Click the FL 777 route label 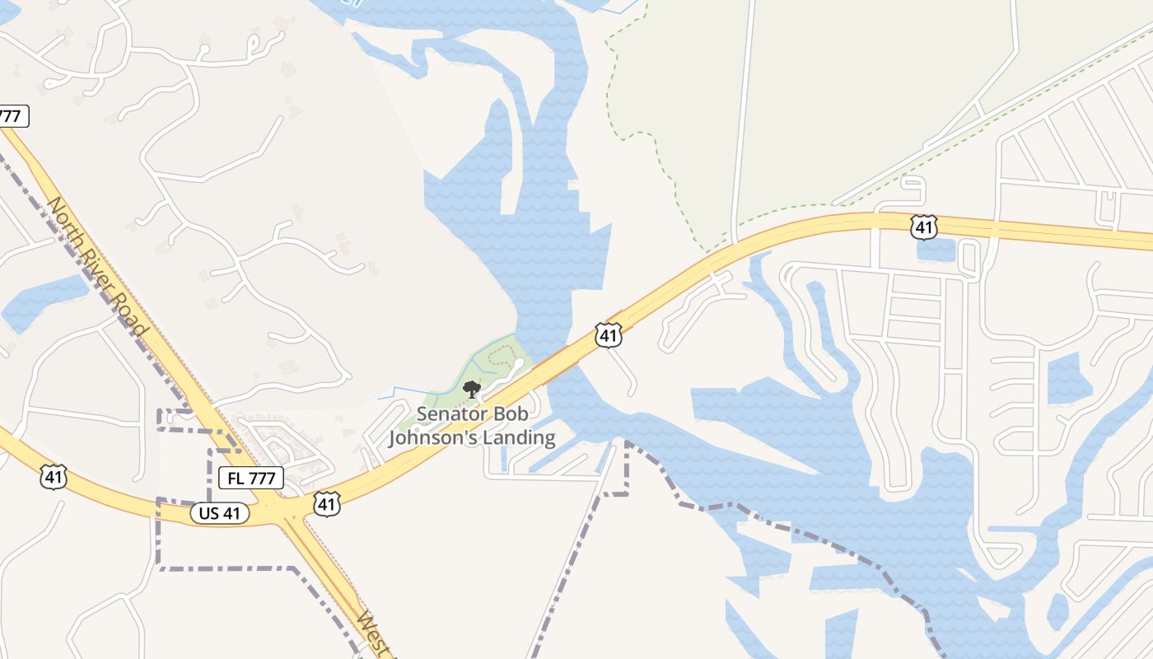pos(251,477)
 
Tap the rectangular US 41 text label pos(220,513)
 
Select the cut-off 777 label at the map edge pos(11,116)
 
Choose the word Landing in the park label pos(519,437)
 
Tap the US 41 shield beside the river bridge pos(608,334)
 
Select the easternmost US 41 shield pos(924,227)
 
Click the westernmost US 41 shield pos(54,476)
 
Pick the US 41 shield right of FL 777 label pos(327,504)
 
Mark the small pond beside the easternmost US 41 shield pos(936,250)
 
